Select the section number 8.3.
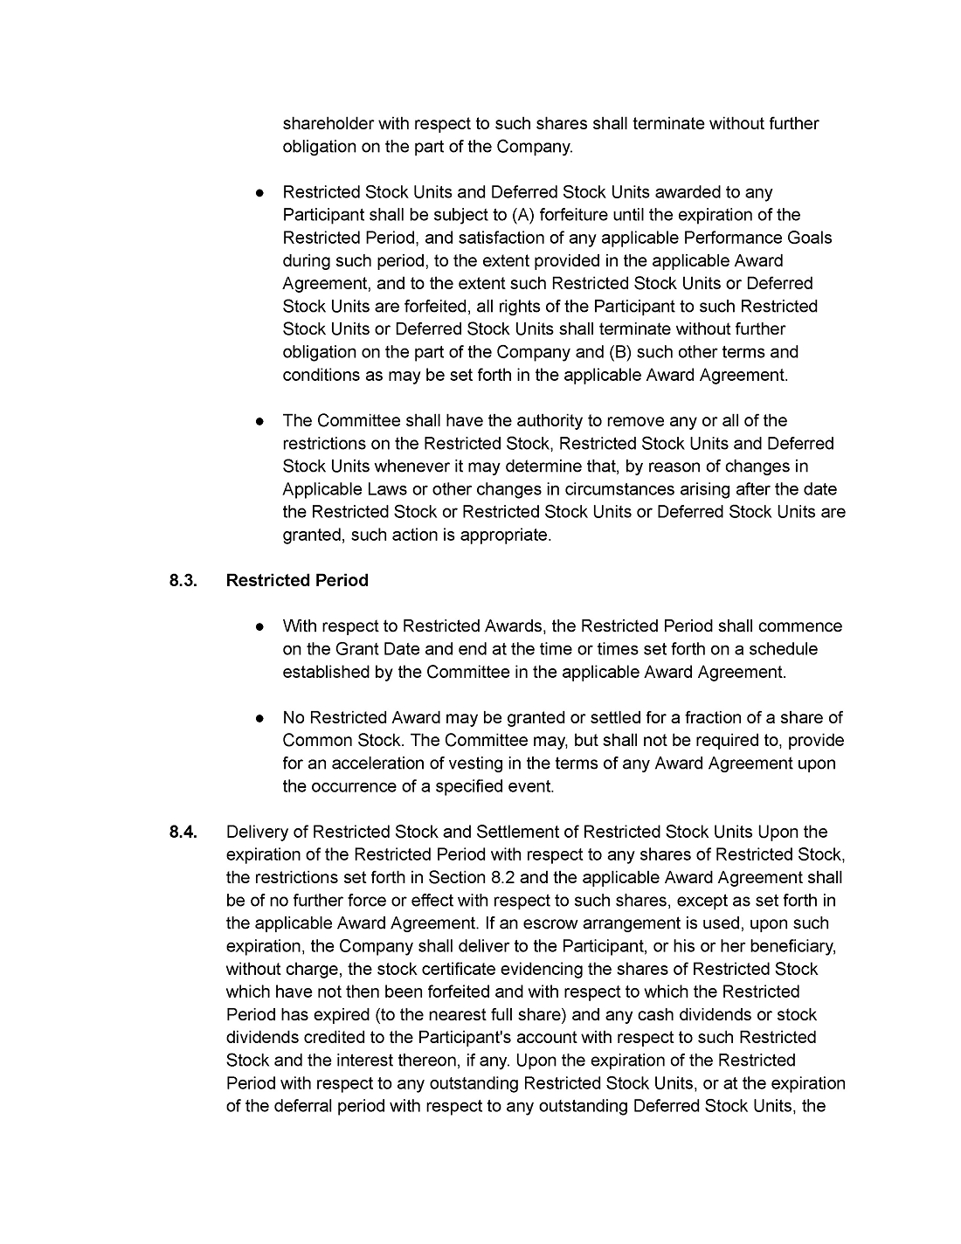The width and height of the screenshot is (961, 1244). tap(183, 581)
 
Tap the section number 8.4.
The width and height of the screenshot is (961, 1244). tap(183, 833)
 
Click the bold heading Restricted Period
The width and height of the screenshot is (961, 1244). tap(297, 581)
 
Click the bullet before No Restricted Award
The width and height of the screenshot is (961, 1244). tap(260, 718)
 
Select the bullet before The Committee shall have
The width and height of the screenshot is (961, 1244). tap(260, 421)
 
